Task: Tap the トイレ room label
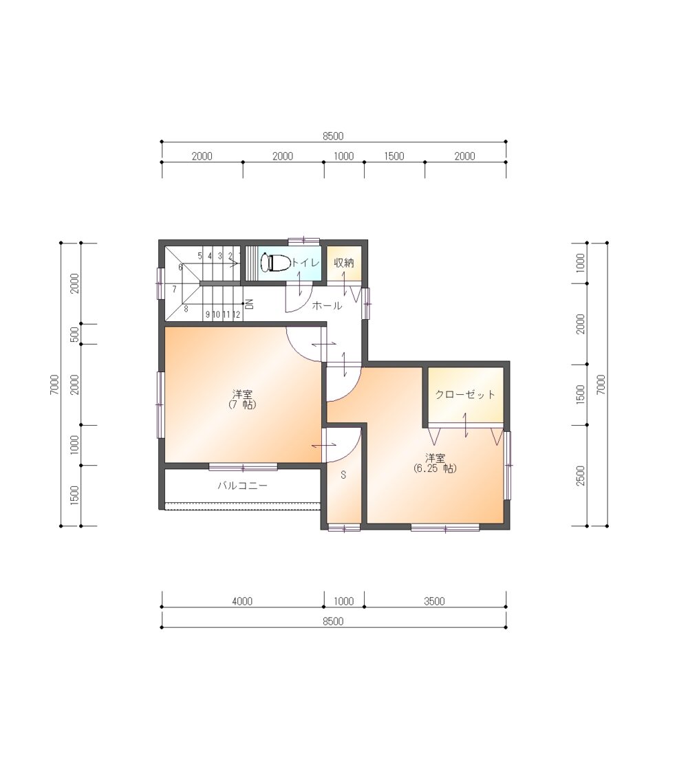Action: tap(305, 263)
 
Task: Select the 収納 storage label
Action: tap(344, 263)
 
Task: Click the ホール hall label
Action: tap(327, 305)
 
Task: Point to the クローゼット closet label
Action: tap(465, 394)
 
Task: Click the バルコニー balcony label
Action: tap(242, 486)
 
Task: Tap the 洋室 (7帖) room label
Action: tap(242, 399)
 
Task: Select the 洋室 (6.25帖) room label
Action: tap(435, 463)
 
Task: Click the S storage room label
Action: tap(343, 475)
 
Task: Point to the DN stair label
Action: tap(249, 304)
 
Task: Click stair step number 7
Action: tap(174, 290)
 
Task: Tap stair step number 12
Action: tap(236, 314)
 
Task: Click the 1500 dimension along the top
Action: tap(394, 156)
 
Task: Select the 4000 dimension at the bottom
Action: tap(242, 600)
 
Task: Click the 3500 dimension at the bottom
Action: tap(435, 600)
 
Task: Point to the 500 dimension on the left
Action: tap(74, 334)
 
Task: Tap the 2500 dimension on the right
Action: tap(581, 476)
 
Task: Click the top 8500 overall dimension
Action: tap(333, 136)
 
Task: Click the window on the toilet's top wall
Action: tap(303, 240)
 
